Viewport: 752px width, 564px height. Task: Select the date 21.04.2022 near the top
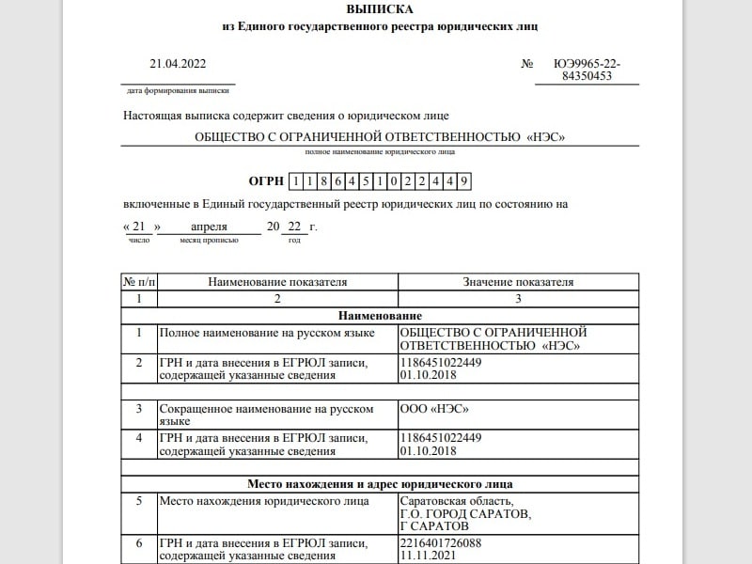tap(178, 64)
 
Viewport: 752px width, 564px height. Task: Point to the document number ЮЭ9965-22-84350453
tap(587, 70)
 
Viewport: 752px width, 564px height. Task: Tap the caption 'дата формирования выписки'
tap(178, 91)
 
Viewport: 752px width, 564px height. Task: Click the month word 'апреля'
tap(210, 227)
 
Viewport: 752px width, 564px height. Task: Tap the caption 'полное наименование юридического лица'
tap(380, 151)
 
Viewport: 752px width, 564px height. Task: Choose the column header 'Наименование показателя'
tap(277, 282)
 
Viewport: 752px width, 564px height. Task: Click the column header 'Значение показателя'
tap(518, 282)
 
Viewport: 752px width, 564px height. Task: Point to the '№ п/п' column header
tap(139, 282)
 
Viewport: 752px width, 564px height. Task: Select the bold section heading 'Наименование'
tap(380, 316)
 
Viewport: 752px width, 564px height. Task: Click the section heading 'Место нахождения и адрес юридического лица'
tap(380, 484)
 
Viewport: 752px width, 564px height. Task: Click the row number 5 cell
tap(139, 501)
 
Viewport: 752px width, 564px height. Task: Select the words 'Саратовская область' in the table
tap(456, 501)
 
